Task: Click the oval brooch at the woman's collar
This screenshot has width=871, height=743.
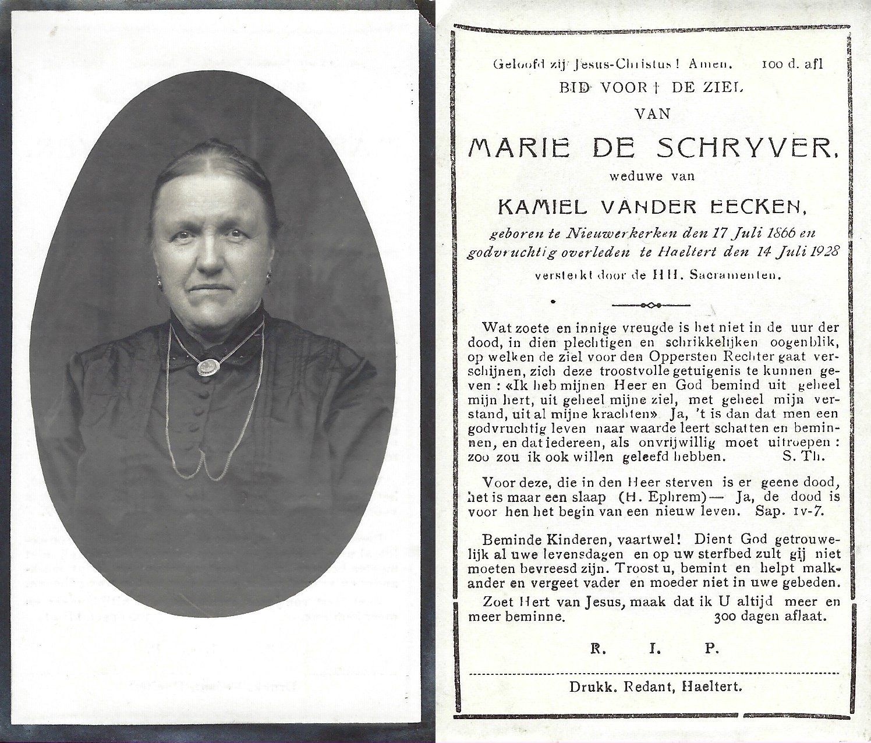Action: point(206,367)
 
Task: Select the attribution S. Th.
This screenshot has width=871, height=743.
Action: point(799,457)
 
